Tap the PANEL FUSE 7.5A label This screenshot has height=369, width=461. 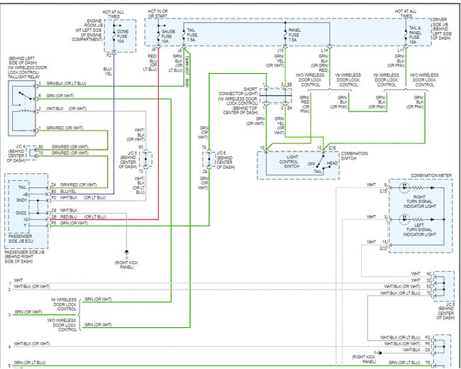click(x=294, y=35)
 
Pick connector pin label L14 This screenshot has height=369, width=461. click(x=324, y=51)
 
